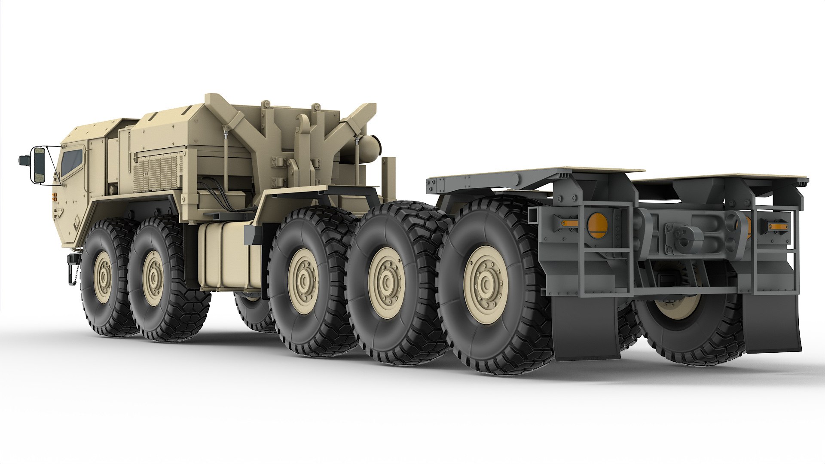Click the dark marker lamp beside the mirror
tap(23, 161)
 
